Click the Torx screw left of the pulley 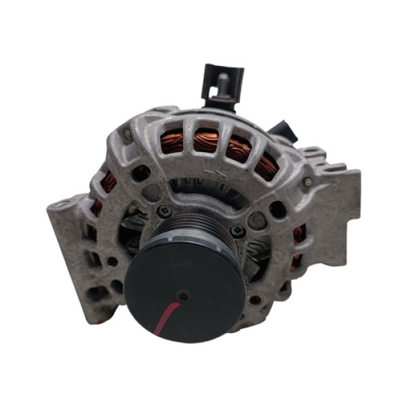pyautogui.click(x=162, y=212)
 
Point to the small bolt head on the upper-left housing pyautogui.click(x=128, y=134)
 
